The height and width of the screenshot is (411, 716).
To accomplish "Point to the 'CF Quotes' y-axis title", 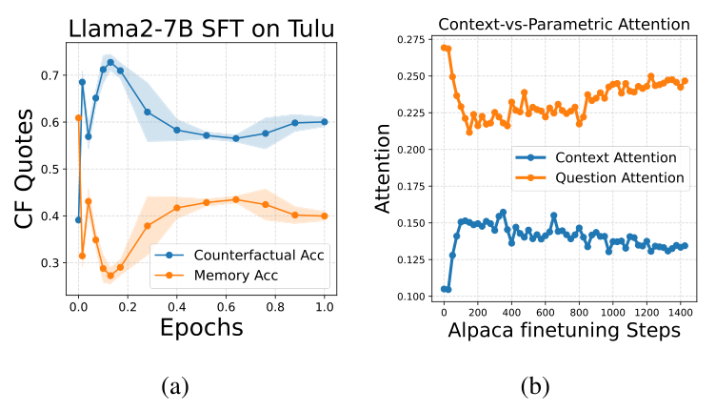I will coord(26,169).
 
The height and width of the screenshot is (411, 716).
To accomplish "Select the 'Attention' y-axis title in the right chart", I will coord(383,167).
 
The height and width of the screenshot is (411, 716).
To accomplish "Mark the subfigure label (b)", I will coord(536,386).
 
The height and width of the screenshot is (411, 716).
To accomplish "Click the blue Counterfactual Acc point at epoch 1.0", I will coord(325,122).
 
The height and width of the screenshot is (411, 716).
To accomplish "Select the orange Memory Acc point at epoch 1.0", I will coord(325,216).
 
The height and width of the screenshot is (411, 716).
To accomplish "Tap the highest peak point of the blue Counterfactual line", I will coord(110,63).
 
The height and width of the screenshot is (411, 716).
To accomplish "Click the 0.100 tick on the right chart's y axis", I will coord(412,297).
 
